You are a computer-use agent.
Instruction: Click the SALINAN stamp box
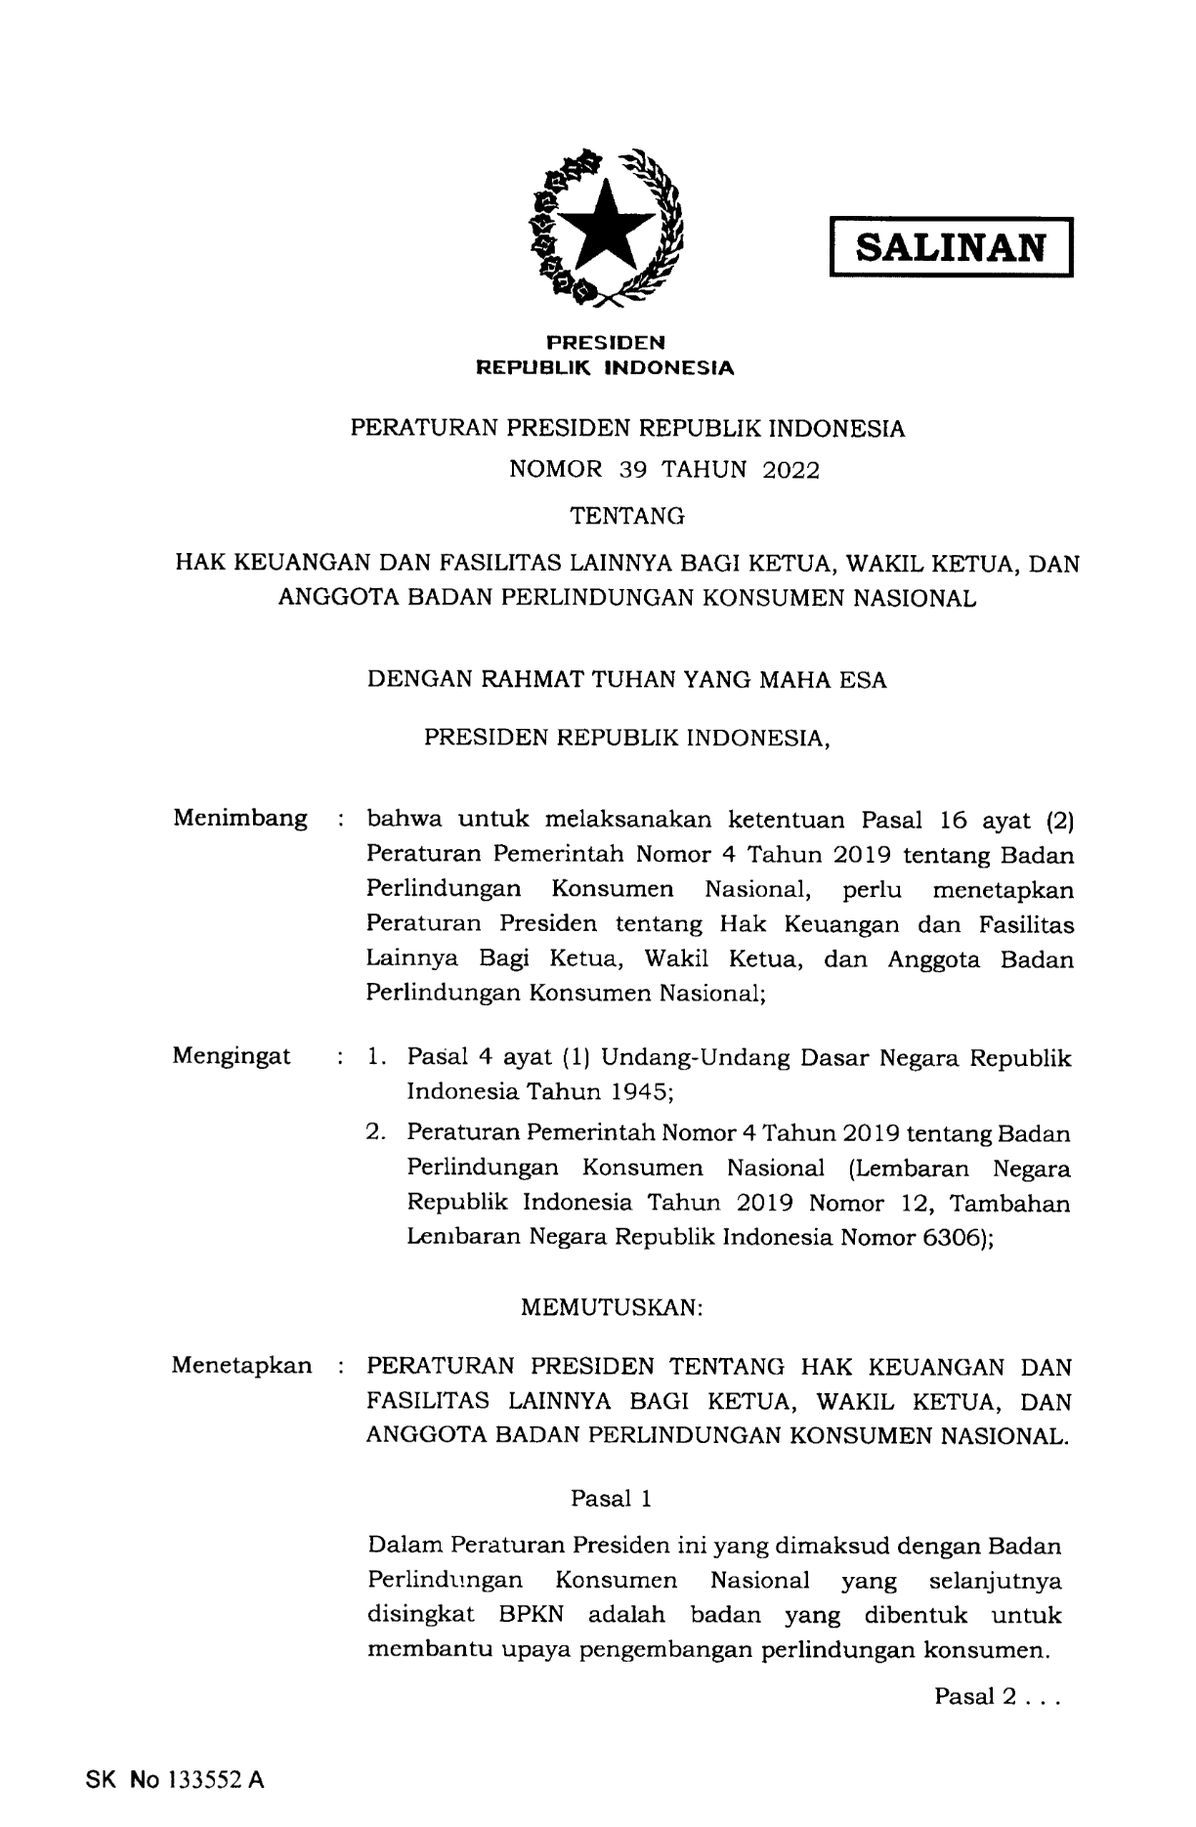(x=951, y=247)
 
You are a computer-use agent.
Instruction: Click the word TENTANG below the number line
(x=627, y=514)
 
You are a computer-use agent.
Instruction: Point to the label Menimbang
(x=240, y=818)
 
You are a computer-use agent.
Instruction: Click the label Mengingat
(x=232, y=1056)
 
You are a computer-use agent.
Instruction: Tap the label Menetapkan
(x=242, y=1365)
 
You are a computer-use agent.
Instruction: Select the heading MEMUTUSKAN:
(x=613, y=1308)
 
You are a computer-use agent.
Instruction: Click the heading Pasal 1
(x=612, y=1498)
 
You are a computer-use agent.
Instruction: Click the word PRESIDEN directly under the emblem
(x=605, y=342)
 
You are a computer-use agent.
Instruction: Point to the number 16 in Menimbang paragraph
(x=947, y=819)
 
